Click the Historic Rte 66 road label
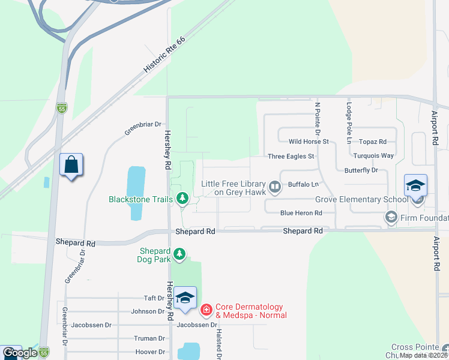[x=164, y=53]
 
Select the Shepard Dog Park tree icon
[x=179, y=255]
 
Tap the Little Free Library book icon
[x=275, y=188]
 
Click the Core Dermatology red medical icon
[x=206, y=310]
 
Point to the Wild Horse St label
[x=309, y=142]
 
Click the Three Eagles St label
[x=291, y=156]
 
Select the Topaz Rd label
[x=373, y=142]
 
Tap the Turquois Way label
[x=373, y=155]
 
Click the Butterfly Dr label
[x=361, y=170]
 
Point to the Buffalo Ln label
[x=303, y=184]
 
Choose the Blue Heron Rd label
[x=301, y=213]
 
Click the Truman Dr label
[x=150, y=338]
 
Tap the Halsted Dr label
[x=219, y=345]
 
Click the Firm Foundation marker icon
[x=391, y=217]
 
